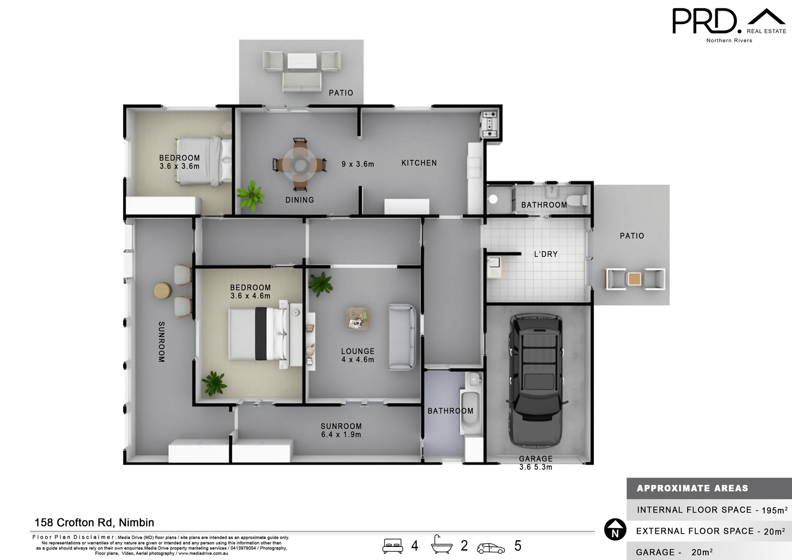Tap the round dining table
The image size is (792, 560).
click(300, 165)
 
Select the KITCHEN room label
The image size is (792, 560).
click(419, 163)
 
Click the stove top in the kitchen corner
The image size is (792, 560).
click(490, 123)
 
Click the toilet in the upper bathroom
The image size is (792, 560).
click(582, 200)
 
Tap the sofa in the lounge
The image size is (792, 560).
click(402, 337)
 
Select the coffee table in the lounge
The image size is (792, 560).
click(357, 319)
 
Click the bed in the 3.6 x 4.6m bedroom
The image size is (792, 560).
click(259, 334)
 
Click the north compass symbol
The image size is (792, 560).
click(615, 529)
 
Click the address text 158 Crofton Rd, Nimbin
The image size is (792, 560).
click(94, 522)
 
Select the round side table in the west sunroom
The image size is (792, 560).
click(162, 291)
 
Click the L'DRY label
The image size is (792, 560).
click(545, 254)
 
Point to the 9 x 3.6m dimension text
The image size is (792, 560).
click(358, 164)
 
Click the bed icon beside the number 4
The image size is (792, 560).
click(392, 546)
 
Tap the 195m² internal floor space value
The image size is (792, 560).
click(774, 510)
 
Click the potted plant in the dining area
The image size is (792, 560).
click(250, 195)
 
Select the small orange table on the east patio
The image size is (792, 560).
click(634, 279)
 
